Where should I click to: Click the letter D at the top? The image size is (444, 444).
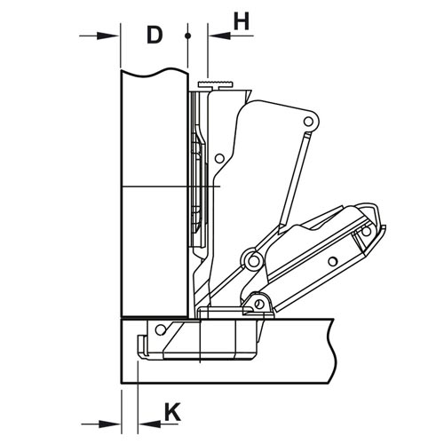(155, 35)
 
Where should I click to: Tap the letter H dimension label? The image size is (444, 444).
(242, 21)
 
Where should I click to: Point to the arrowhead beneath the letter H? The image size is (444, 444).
(219, 36)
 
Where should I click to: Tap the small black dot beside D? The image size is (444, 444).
(187, 36)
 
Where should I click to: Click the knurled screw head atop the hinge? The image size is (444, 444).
(216, 84)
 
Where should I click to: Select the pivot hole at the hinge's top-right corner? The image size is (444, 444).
(308, 121)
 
